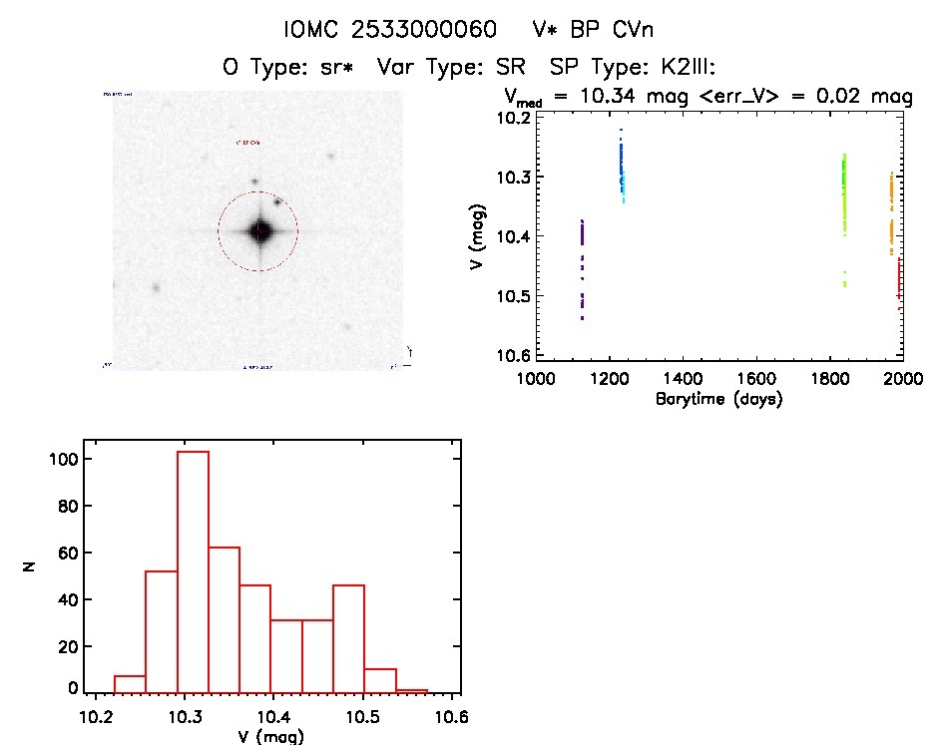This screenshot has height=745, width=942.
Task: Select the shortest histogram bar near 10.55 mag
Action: [x=411, y=690]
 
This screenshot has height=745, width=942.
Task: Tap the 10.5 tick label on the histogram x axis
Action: [x=362, y=716]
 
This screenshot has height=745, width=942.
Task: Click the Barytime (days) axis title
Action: [x=718, y=400]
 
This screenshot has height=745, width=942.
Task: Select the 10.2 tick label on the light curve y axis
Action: [x=516, y=119]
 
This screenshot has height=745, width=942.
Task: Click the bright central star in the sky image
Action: [x=259, y=230]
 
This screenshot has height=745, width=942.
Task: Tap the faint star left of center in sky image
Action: [x=156, y=287]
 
